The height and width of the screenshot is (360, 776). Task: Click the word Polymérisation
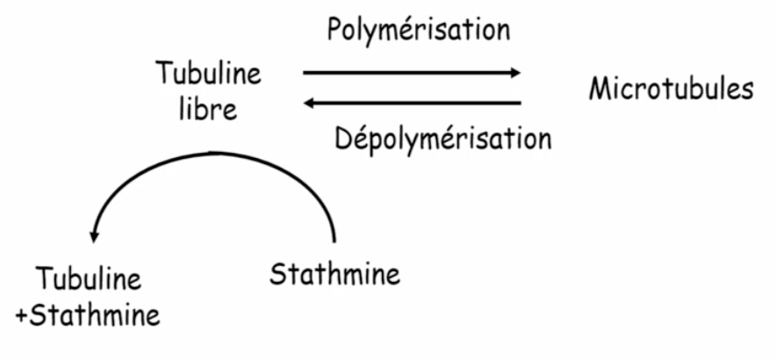[x=418, y=30]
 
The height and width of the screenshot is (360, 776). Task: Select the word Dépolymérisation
[x=443, y=139]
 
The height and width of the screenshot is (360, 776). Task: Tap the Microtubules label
[x=671, y=90]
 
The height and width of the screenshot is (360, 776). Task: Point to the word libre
[x=208, y=109]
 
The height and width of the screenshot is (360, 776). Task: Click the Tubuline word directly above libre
[x=208, y=73]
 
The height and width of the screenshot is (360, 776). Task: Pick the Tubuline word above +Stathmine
[x=89, y=280]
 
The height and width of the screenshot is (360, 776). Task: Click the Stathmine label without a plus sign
[x=334, y=275]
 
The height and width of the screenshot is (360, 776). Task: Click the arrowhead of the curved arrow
[x=94, y=235]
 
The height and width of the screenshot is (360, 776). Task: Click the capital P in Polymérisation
[x=334, y=29]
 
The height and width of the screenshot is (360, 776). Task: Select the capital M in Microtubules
[x=600, y=90]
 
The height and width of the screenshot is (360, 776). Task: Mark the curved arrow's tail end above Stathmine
[x=334, y=237]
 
